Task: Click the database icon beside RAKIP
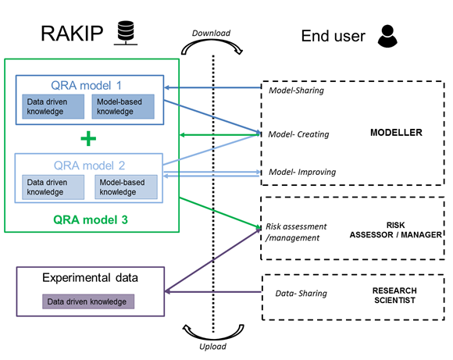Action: tap(126, 33)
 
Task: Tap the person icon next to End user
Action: tap(387, 36)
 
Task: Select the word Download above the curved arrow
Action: tap(211, 34)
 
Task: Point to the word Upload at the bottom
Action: tap(213, 347)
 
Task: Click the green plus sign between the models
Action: tap(88, 139)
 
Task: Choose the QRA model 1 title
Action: tap(86, 86)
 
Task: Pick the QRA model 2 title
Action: tap(89, 166)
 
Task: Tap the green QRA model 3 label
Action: tap(91, 220)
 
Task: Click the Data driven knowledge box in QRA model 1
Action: tap(53, 107)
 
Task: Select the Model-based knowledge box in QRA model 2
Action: tap(127, 187)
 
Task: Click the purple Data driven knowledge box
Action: tap(88, 301)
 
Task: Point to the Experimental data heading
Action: tap(90, 278)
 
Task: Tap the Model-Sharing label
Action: tap(297, 91)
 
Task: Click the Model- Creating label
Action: tap(298, 134)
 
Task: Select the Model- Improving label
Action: tap(302, 173)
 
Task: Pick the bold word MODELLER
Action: tap(396, 133)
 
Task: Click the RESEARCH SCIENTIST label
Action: tap(394, 295)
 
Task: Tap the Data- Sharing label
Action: tap(301, 294)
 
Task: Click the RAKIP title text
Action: tap(72, 34)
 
